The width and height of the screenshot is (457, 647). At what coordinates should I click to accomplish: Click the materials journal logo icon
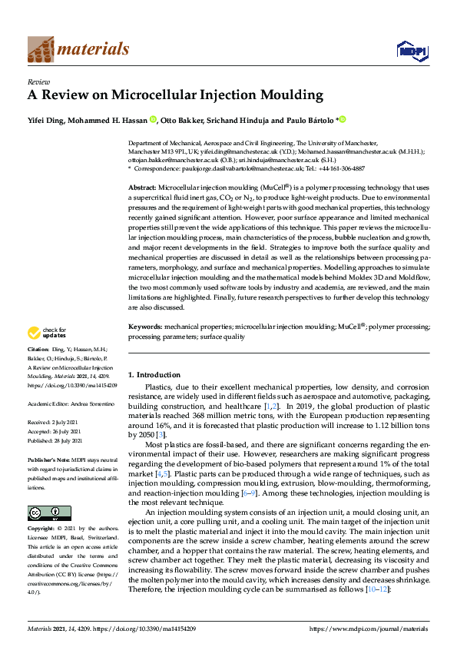coord(40,50)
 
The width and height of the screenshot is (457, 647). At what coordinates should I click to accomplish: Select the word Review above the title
coord(38,80)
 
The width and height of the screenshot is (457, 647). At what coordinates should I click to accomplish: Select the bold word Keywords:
coord(144,327)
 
